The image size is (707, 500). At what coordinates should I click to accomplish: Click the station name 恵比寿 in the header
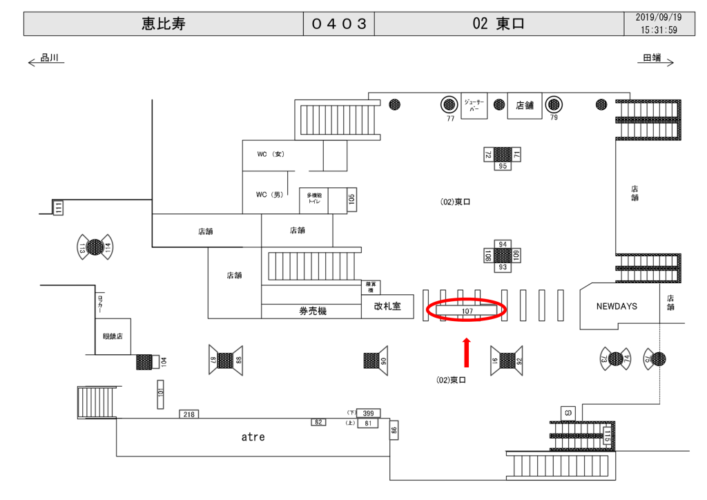[x=164, y=24]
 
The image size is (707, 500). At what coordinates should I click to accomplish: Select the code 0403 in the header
[x=338, y=24]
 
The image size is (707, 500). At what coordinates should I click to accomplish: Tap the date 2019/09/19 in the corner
[x=658, y=18]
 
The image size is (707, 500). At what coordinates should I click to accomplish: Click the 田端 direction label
[x=652, y=59]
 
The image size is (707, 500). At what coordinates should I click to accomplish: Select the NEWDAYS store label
[x=617, y=306]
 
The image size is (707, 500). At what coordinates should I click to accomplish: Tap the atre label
[x=253, y=436]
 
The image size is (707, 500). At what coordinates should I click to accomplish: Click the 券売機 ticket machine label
[x=312, y=311]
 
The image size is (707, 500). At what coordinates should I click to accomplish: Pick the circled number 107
[x=467, y=311]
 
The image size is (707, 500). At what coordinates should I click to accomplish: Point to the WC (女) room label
[x=270, y=154]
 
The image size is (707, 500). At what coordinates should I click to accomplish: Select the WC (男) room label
[x=270, y=195]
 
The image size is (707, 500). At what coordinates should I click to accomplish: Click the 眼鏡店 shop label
[x=113, y=336]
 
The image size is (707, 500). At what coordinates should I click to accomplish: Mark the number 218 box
[x=188, y=414]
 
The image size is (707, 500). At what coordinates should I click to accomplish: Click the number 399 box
[x=368, y=413]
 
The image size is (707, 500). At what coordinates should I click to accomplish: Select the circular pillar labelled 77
[x=449, y=105]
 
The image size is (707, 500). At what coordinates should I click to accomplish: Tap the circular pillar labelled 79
[x=553, y=105]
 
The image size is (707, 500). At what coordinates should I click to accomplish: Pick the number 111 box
[x=59, y=206]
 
